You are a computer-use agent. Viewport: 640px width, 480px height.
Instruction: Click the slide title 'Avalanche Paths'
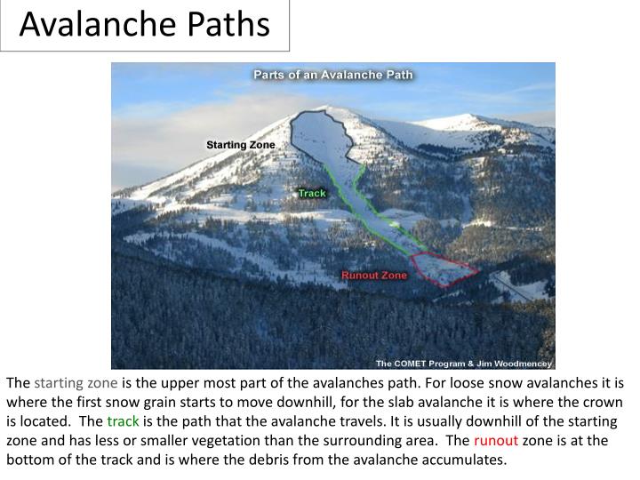pos(144,25)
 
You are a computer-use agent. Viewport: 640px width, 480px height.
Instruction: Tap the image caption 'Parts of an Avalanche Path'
pos(333,75)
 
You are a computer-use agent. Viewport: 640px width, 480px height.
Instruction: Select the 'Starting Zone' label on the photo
pos(241,145)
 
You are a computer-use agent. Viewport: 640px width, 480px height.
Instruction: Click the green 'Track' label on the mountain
pos(312,193)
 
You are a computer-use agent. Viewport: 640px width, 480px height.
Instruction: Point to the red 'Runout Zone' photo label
pos(374,276)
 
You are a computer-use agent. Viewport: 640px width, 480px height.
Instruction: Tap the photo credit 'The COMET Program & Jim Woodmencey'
pos(463,363)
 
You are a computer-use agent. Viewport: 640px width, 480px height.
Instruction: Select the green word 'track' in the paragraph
pos(123,421)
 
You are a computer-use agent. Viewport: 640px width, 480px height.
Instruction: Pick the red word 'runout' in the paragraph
pos(496,441)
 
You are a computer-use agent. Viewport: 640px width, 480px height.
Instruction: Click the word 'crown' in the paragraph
pos(604,403)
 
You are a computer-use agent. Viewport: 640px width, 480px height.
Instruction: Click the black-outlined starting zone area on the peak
pos(324,133)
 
